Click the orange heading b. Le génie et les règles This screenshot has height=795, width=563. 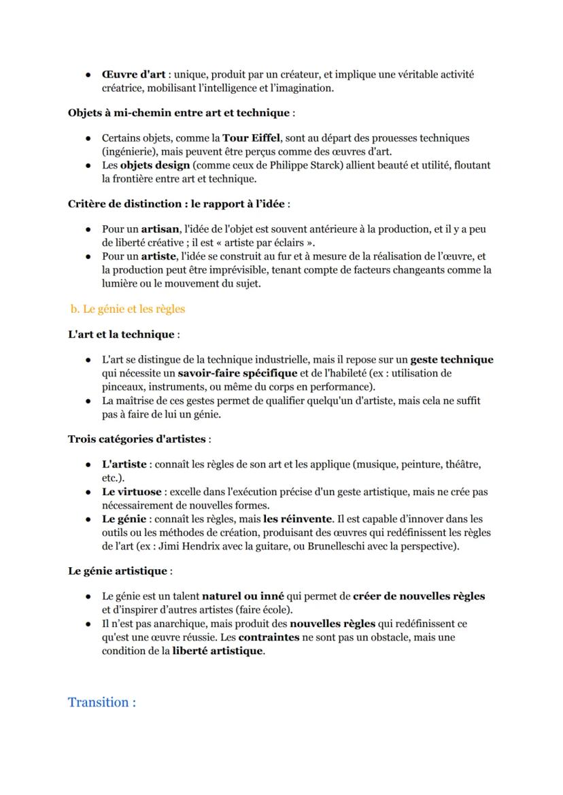(127, 309)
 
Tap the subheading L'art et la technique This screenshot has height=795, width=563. (121, 334)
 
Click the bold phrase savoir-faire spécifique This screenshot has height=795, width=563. (237, 373)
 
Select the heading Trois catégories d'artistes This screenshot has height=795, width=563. (138, 439)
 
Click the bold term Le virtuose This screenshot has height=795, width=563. (131, 492)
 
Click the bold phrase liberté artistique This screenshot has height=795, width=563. (217, 651)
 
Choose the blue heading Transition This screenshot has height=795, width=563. (101, 702)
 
